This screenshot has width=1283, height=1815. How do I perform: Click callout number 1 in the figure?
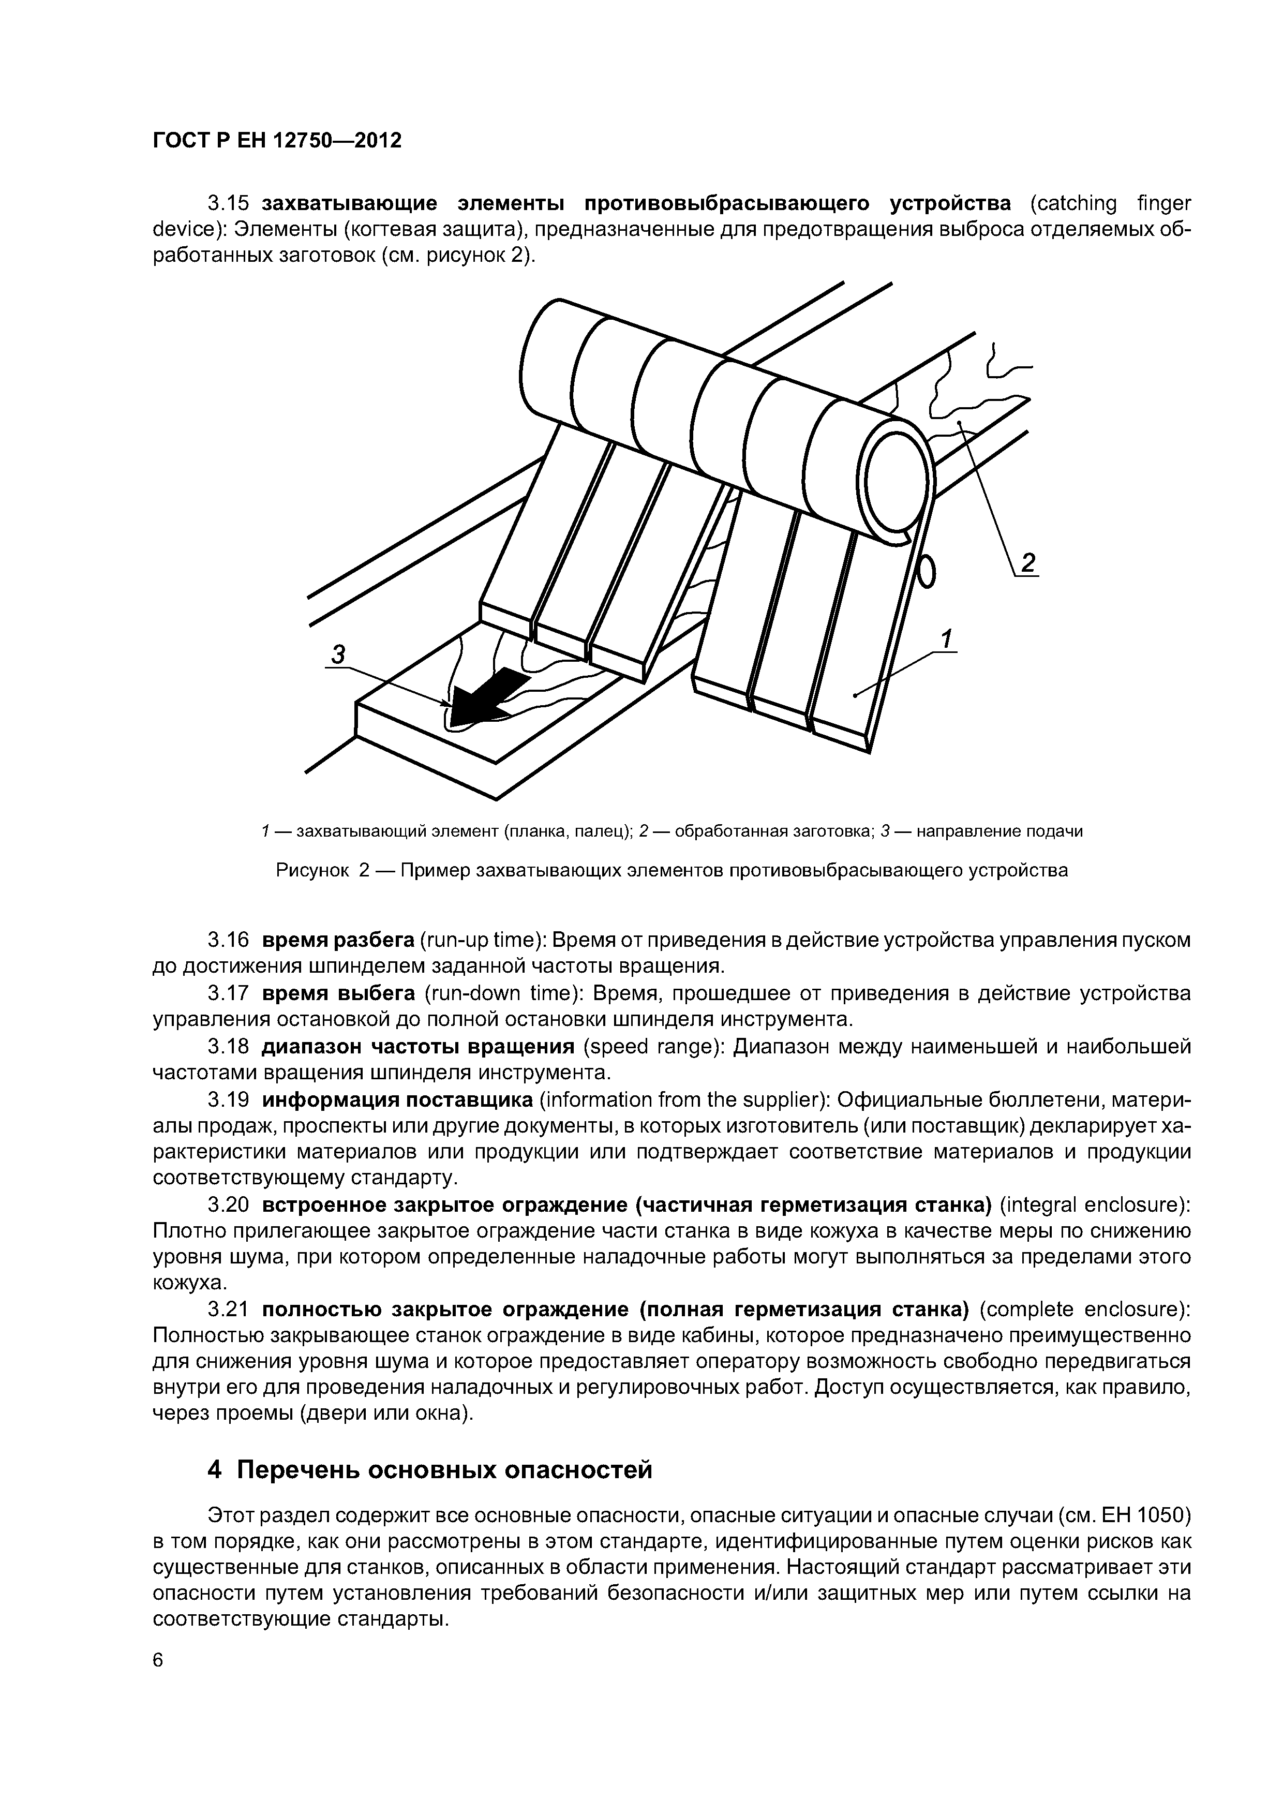(x=946, y=638)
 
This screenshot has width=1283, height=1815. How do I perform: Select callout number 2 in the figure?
(x=1027, y=563)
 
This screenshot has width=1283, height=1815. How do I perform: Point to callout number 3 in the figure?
(x=337, y=654)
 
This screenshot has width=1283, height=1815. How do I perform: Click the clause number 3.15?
(x=229, y=204)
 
